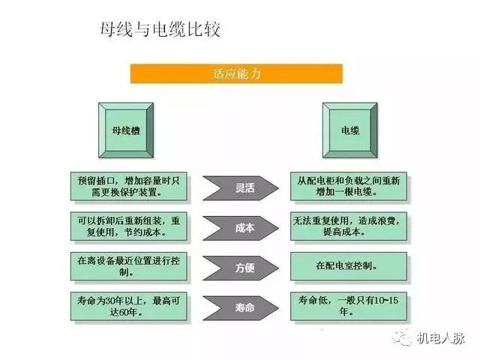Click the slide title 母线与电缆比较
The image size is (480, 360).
160,30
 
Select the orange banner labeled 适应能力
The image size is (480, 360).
236,73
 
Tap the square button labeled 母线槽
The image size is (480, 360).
126,130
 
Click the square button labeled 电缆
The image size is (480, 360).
350,130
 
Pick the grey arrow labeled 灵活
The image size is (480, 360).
241,188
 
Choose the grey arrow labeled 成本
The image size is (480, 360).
241,228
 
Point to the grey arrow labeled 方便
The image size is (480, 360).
241,268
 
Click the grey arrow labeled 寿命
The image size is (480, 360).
241,307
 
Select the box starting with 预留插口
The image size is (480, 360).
128,187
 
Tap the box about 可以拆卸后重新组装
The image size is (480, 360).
128,226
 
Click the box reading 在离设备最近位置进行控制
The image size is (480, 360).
128,266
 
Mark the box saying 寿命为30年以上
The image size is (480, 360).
128,306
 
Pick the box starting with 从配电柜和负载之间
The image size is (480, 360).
349,187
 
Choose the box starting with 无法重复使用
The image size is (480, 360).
349,226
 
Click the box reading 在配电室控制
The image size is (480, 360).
349,266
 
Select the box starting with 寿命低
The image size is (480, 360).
349,306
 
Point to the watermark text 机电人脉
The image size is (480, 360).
440,338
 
